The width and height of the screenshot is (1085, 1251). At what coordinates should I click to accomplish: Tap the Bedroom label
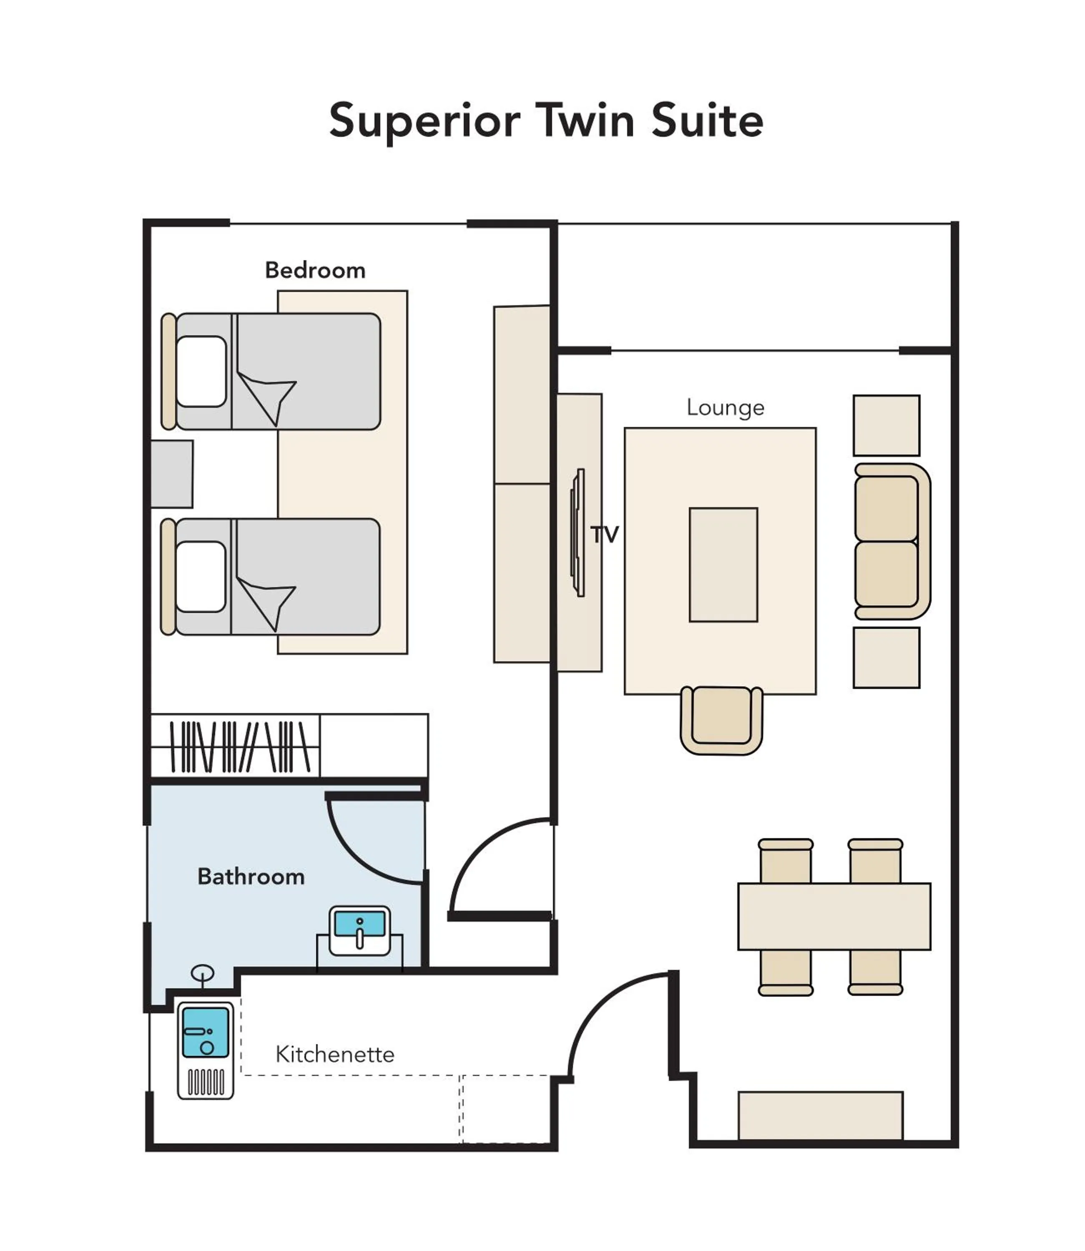click(315, 270)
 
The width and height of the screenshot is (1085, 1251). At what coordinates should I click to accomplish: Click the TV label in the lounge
click(604, 534)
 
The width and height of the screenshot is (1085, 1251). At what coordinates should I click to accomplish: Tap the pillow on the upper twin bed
click(201, 371)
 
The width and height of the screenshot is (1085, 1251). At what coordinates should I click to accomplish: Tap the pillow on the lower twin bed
click(201, 576)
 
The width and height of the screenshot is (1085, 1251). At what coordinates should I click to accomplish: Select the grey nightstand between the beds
click(171, 474)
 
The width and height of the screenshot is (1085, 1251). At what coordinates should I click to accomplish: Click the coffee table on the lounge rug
click(723, 564)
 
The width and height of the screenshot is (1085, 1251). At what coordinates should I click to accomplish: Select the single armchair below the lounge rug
click(721, 719)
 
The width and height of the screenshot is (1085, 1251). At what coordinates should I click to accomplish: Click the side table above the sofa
click(886, 425)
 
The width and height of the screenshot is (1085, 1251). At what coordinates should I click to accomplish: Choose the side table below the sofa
click(886, 658)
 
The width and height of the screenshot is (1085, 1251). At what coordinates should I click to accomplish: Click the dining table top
click(834, 916)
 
